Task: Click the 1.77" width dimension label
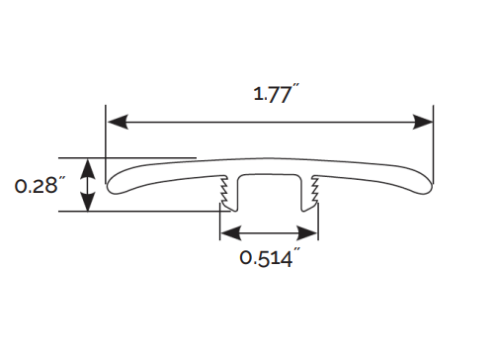[x=277, y=94]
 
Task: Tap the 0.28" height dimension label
[x=37, y=186]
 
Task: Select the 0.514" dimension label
[x=270, y=257]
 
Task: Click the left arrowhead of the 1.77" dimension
[x=118, y=122]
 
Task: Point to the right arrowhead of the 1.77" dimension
[x=423, y=122]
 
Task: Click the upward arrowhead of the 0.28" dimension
[x=88, y=169]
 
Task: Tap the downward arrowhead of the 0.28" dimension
[x=88, y=201]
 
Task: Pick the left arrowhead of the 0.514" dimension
[x=231, y=233]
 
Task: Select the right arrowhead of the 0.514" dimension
[x=306, y=233]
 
